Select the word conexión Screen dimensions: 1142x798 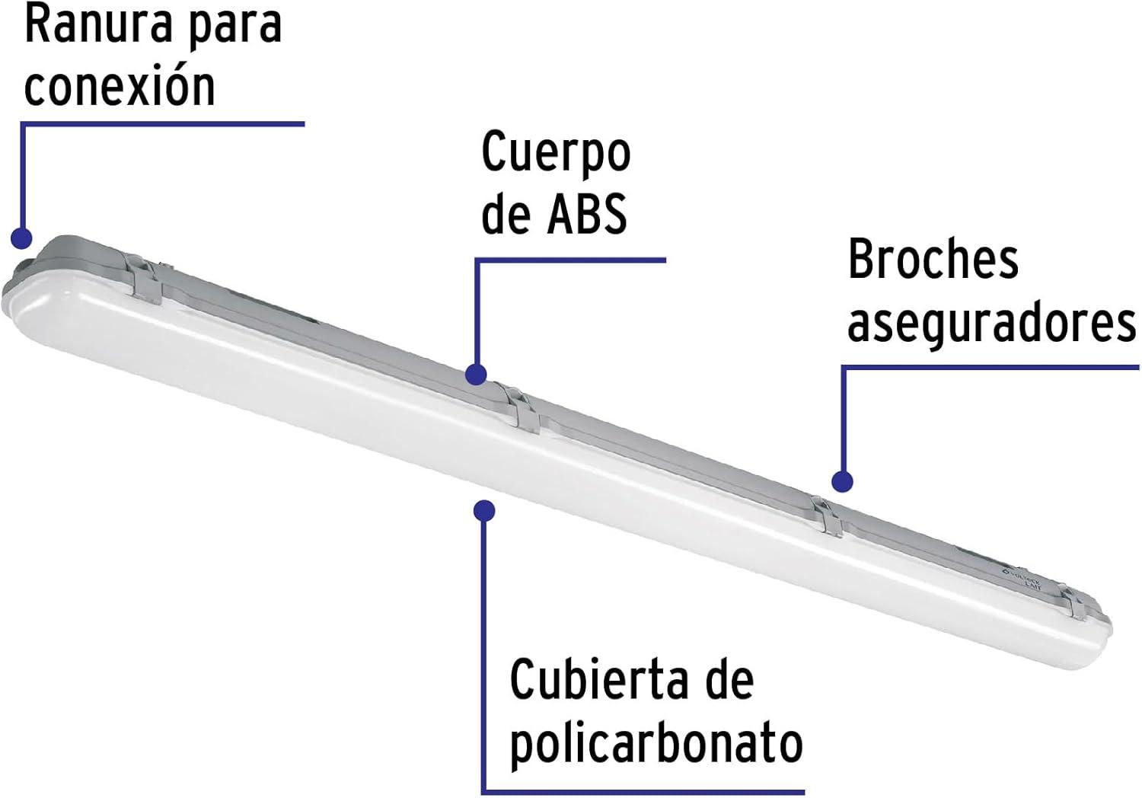click(120, 86)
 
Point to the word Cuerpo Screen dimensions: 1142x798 click(556, 154)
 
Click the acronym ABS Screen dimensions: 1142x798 click(587, 213)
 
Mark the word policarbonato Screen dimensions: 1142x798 click(656, 745)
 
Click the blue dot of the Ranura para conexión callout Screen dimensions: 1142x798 click(21, 238)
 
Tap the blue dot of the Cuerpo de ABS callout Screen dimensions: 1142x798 click(476, 375)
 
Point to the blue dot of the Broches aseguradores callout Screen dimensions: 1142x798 click(842, 481)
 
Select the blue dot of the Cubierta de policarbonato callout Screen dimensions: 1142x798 click(483, 510)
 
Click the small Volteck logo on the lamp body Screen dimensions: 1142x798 click(1021, 581)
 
